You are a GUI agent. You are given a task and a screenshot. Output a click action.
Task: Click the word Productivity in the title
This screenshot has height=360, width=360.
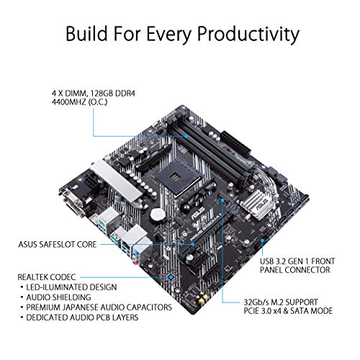(237, 33)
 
